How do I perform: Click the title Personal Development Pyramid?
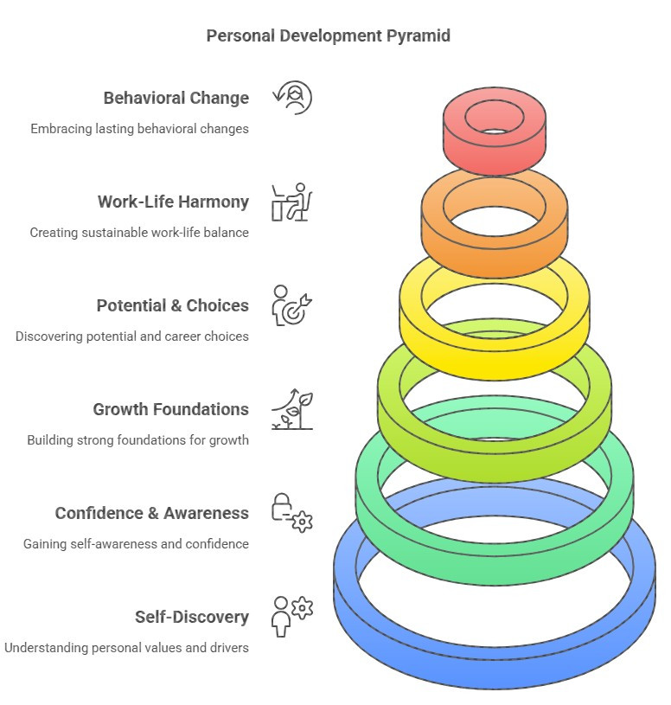tap(328, 36)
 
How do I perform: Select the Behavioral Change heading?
tap(176, 98)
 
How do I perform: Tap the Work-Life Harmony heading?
tap(173, 202)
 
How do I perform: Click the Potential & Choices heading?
tap(172, 305)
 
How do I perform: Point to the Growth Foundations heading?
tap(170, 409)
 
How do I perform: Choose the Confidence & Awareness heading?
tap(151, 513)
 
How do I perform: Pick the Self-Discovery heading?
tap(191, 617)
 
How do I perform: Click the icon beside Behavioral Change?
tap(292, 98)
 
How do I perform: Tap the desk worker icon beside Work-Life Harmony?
tap(292, 202)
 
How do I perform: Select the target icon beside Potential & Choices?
tap(292, 305)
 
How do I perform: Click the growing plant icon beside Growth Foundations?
tap(292, 409)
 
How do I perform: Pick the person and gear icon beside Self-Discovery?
tap(292, 615)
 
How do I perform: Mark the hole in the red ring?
tap(494, 131)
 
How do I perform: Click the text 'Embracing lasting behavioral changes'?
tap(139, 129)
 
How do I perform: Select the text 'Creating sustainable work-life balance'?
tap(139, 233)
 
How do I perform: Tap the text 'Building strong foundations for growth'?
tap(137, 440)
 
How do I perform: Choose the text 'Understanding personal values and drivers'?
tap(126, 648)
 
